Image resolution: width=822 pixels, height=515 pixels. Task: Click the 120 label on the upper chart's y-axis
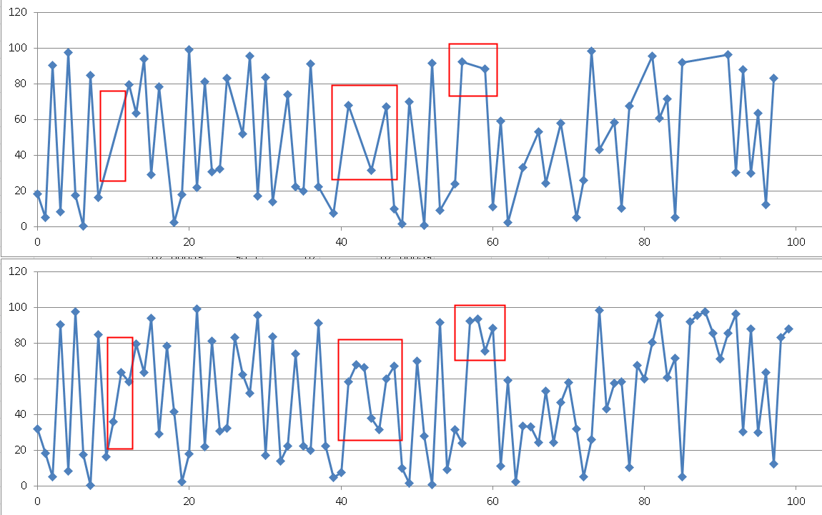[19, 13]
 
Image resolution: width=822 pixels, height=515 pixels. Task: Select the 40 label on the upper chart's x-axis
[340, 241]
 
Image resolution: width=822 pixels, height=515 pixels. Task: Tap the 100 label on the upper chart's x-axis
[796, 241]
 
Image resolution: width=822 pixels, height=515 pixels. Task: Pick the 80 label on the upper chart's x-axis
[644, 241]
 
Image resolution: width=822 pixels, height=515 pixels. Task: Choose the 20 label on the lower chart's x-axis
[189, 501]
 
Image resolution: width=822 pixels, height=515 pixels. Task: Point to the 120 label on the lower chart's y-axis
[19, 272]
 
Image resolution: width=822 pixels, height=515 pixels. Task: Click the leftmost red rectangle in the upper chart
[113, 136]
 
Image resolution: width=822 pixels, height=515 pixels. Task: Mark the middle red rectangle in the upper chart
[364, 132]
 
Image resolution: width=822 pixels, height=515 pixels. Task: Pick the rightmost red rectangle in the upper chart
[472, 70]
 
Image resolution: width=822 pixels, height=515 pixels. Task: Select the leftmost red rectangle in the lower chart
[120, 393]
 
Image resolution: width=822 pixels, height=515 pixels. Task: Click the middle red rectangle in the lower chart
[370, 389]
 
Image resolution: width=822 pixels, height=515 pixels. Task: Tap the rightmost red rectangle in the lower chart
[480, 333]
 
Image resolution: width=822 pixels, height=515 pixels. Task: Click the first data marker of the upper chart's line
[38, 194]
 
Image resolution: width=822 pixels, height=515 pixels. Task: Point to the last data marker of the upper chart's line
[773, 79]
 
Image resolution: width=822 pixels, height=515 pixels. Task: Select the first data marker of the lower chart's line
[38, 429]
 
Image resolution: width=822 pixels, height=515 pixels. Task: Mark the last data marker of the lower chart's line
[788, 329]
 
